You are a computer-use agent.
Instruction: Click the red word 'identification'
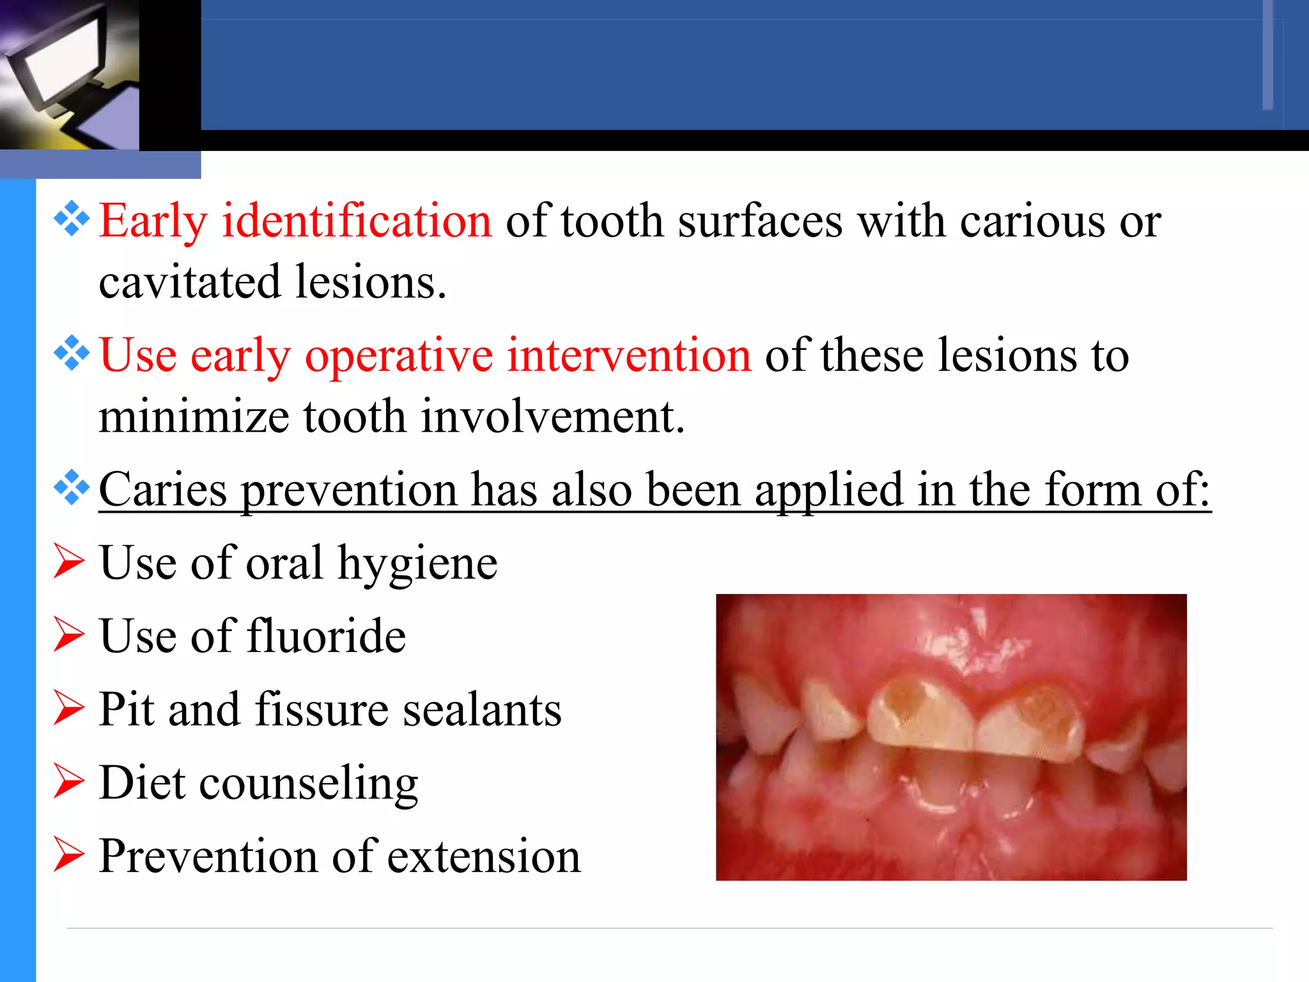pos(357,221)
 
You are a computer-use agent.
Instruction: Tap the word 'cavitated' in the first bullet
pos(189,282)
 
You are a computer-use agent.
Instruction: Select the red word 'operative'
pos(399,356)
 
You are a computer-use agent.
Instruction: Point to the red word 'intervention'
pos(629,355)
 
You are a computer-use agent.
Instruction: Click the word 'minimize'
pos(194,417)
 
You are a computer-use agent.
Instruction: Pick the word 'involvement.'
pos(554,417)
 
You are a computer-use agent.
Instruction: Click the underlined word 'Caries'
pos(163,490)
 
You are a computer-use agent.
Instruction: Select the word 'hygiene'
pos(417,564)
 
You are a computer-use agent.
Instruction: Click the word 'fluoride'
pos(326,637)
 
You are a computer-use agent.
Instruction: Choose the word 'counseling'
pos(309,784)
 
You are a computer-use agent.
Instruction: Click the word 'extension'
pos(484,857)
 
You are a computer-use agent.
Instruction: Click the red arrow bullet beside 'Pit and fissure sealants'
pos(68,708)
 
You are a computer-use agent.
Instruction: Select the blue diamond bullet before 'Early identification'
pos(72,219)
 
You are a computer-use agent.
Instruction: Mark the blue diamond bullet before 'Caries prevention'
pos(72,487)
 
